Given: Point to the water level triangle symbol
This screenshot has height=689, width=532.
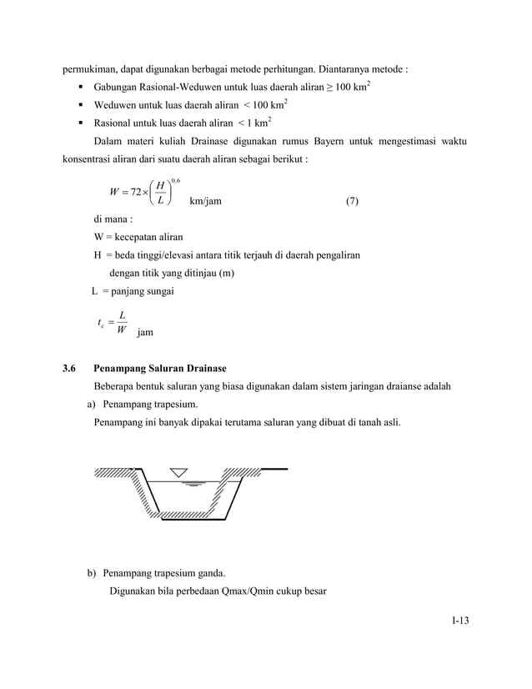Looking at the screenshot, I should pos(180,473).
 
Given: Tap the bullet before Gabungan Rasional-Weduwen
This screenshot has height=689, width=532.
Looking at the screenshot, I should pos(83,87).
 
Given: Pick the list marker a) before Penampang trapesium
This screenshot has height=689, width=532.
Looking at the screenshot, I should pos(84,405).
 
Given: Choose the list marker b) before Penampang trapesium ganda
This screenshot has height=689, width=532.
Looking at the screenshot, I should pos(84,573).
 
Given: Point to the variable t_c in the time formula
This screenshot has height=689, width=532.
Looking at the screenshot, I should pos(101,323).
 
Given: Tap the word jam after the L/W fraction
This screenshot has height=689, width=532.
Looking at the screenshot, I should pos(145,332).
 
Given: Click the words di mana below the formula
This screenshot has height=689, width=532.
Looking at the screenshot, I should pos(113,220).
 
